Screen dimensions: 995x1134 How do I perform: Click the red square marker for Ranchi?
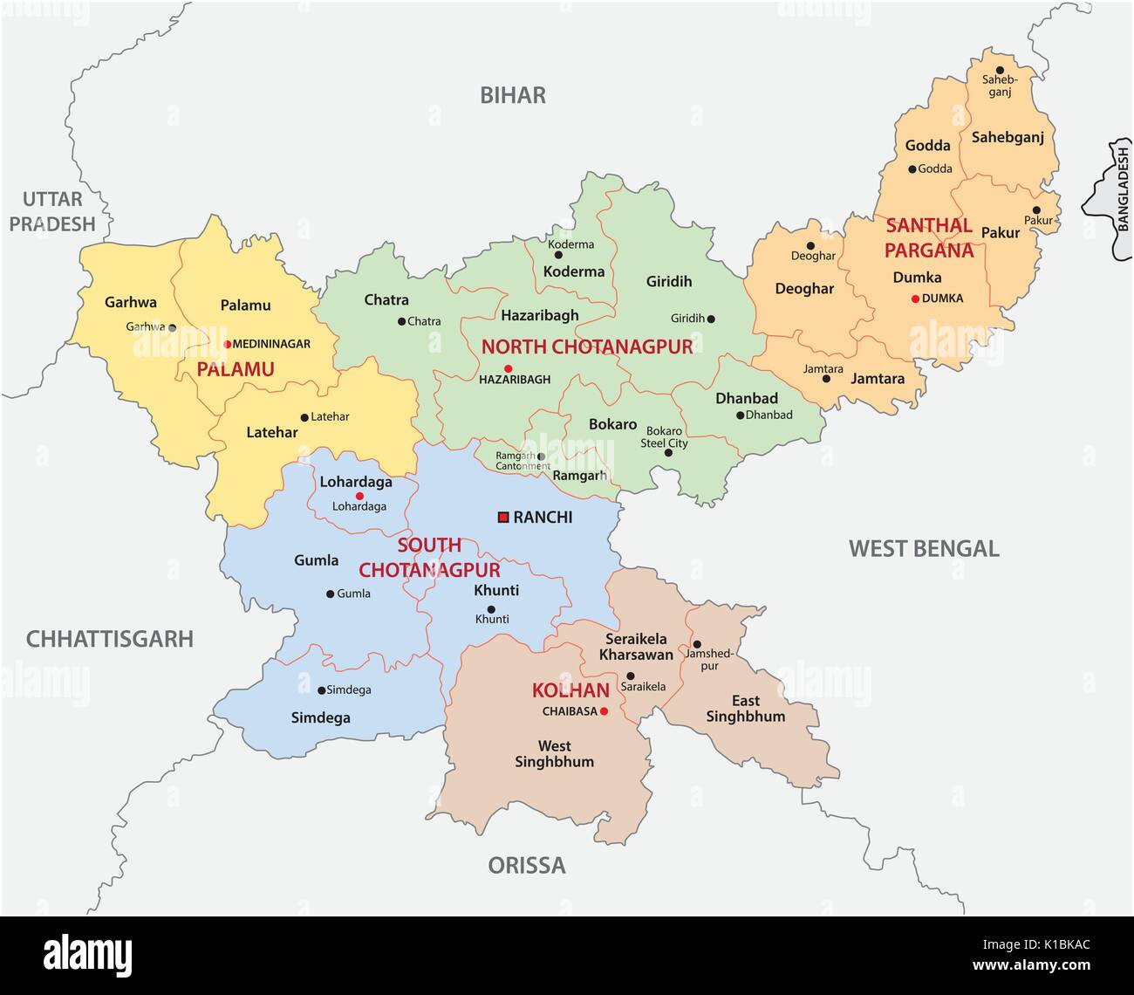pyautogui.click(x=503, y=518)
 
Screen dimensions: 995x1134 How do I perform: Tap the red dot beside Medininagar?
pyautogui.click(x=227, y=344)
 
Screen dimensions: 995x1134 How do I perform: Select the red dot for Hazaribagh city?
pyautogui.click(x=508, y=368)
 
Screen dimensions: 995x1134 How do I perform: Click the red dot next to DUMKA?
pyautogui.click(x=915, y=298)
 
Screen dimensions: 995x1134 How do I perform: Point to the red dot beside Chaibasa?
pyautogui.click(x=603, y=711)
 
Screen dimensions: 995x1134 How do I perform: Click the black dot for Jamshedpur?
pyautogui.click(x=697, y=644)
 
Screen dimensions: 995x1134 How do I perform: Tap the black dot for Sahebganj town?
pyautogui.click(x=1000, y=70)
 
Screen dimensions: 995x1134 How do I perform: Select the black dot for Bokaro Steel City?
pyautogui.click(x=669, y=453)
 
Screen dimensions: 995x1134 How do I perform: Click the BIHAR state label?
pyautogui.click(x=513, y=95)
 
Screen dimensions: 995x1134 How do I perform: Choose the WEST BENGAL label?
pyautogui.click(x=924, y=548)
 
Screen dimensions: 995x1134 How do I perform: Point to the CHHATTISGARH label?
pyautogui.click(x=109, y=639)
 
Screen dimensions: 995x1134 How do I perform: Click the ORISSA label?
pyautogui.click(x=526, y=865)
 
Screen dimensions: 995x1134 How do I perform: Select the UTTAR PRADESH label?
pyautogui.click(x=52, y=211)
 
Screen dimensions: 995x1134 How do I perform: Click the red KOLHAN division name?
pyautogui.click(x=570, y=690)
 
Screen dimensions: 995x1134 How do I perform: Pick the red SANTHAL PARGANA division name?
pyautogui.click(x=928, y=237)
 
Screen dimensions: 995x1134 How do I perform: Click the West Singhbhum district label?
pyautogui.click(x=554, y=753)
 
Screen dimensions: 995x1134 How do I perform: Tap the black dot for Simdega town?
pyautogui.click(x=321, y=690)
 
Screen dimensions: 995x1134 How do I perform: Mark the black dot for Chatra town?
pyautogui.click(x=402, y=321)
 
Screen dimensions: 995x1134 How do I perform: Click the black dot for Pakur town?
pyautogui.click(x=1036, y=210)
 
